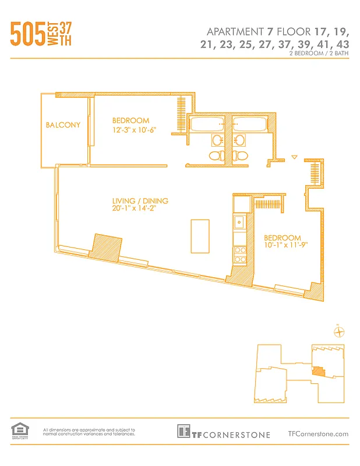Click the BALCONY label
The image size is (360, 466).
pyautogui.click(x=63, y=125)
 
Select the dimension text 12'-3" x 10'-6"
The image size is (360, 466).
pyautogui.click(x=134, y=130)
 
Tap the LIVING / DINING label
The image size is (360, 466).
pyautogui.click(x=140, y=201)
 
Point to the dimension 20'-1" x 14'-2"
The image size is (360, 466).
pyautogui.click(x=135, y=210)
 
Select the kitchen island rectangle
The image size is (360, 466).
pyautogui.click(x=200, y=236)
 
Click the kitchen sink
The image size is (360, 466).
pyautogui.click(x=239, y=221)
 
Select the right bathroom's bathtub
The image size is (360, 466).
pyautogui.click(x=249, y=125)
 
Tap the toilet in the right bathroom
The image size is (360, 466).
pyautogui.click(x=239, y=155)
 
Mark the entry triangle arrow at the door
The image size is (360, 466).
pyautogui.click(x=294, y=157)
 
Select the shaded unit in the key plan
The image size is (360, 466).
pyautogui.click(x=318, y=370)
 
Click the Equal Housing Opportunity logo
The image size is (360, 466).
pyautogui.click(x=19, y=431)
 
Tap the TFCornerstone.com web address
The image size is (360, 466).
pyautogui.click(x=318, y=433)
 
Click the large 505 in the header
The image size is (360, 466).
pyautogui.click(x=27, y=34)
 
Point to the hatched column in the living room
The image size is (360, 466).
pyautogui.click(x=105, y=246)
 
